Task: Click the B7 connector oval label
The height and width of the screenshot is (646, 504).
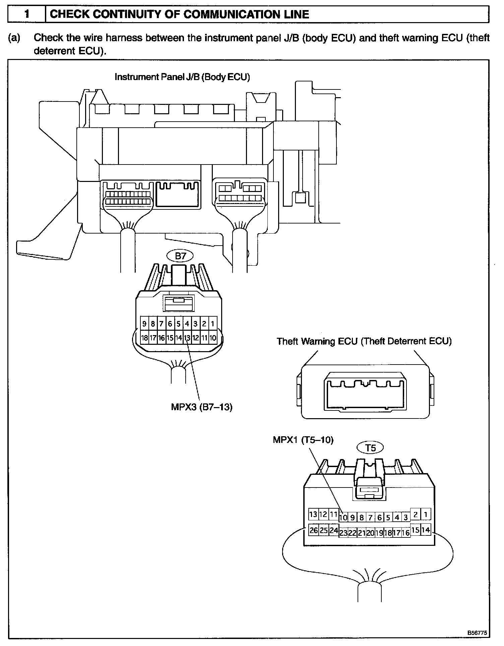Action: (x=180, y=256)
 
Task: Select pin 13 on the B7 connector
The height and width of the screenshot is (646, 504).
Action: (x=187, y=338)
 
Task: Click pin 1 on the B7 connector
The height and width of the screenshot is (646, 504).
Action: (x=212, y=324)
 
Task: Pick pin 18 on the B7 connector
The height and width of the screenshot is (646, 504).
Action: (x=144, y=338)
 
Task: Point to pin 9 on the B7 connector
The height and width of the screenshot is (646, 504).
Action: (x=144, y=324)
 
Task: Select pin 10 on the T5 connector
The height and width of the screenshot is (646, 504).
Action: (x=343, y=518)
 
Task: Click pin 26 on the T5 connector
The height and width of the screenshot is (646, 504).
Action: (x=314, y=530)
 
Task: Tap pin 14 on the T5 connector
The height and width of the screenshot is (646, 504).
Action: (x=426, y=530)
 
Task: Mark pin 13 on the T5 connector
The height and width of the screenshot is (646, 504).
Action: (x=313, y=514)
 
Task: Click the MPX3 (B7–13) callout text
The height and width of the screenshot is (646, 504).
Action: (x=201, y=407)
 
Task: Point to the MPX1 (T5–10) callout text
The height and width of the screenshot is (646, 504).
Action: (x=303, y=440)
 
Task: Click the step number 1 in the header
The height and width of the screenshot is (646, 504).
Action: (x=26, y=14)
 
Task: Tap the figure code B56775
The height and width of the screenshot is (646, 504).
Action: (x=477, y=633)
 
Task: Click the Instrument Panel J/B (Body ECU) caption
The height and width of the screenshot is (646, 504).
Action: (x=182, y=77)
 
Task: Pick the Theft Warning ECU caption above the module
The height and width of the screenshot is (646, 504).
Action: (x=364, y=341)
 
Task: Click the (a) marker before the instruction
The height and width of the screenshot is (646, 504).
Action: (x=14, y=38)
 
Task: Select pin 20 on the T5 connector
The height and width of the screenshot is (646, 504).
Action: (x=370, y=533)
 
